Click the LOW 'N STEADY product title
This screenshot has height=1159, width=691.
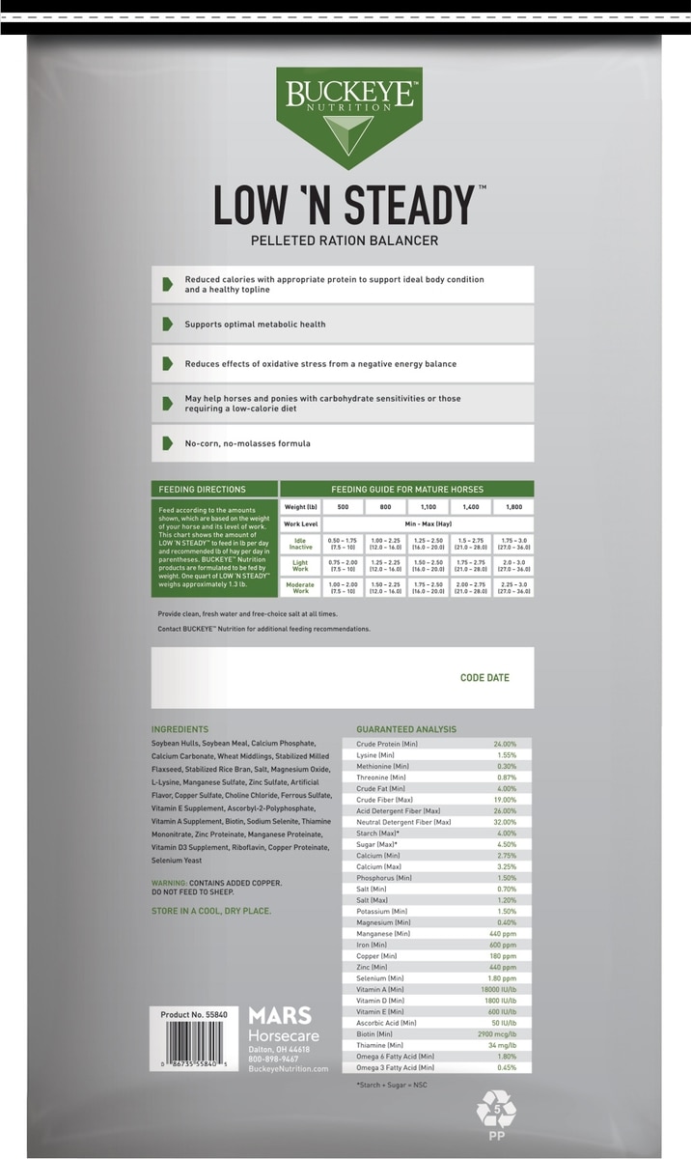[x=345, y=205]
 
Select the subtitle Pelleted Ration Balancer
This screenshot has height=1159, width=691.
[x=345, y=240]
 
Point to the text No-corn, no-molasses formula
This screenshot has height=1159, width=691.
[x=247, y=443]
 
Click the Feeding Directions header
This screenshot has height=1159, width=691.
[x=203, y=490]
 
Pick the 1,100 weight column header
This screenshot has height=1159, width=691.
[x=428, y=506]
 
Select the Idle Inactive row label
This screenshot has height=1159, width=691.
[x=301, y=543]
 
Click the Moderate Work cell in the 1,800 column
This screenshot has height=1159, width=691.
[x=511, y=587]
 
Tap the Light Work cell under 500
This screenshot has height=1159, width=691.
[x=343, y=565]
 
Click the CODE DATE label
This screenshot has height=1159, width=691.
[x=484, y=678]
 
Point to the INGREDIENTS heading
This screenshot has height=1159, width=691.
[x=180, y=729]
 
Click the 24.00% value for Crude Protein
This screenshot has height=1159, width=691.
[x=505, y=745]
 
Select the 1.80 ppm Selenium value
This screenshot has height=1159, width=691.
[x=502, y=977]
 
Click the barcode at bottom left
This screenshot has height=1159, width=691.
[x=200, y=1044]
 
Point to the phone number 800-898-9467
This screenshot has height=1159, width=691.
[x=273, y=1059]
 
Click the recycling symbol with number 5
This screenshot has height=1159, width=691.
[x=496, y=1110]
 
